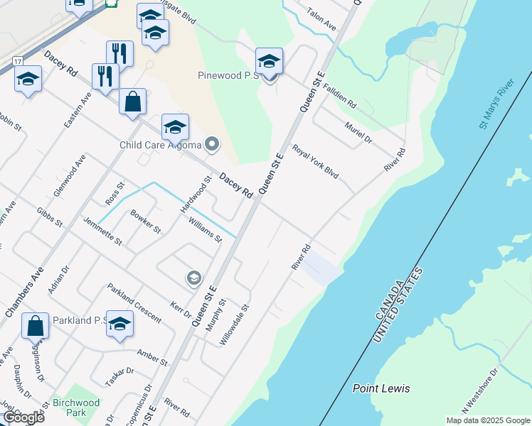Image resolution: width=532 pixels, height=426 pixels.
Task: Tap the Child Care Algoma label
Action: pyautogui.click(x=161, y=146)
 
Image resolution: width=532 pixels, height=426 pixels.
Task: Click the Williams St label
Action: pyautogui.click(x=205, y=229)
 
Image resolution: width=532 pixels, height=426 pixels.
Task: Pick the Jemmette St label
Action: pyautogui.click(x=103, y=232)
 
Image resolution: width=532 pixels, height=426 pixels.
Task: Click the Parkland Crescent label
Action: pyautogui.click(x=134, y=303)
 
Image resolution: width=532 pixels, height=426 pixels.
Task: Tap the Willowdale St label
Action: pyautogui.click(x=235, y=325)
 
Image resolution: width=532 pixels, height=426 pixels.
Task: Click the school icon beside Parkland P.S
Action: pyautogui.click(x=120, y=324)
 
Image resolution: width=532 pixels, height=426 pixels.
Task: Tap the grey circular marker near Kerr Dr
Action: pyautogui.click(x=193, y=278)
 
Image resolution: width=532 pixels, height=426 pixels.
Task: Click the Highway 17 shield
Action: pyautogui.click(x=17, y=62)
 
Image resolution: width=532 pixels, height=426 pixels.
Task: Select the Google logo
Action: pyautogui.click(x=23, y=417)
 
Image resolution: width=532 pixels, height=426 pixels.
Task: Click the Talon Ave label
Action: pyautogui.click(x=321, y=19)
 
